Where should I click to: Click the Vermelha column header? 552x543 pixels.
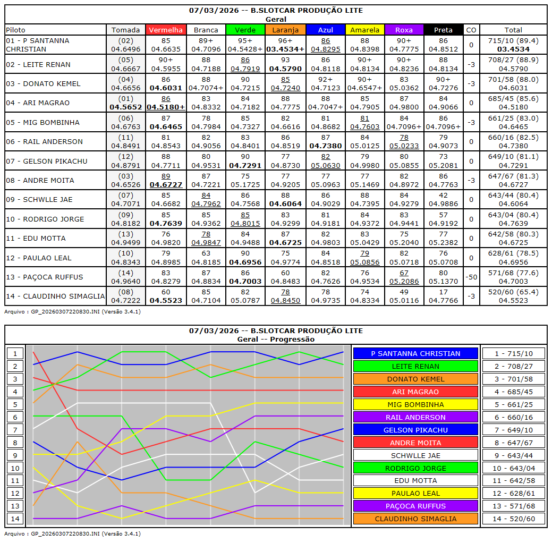[x=166, y=30]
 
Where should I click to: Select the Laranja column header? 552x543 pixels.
[x=285, y=30]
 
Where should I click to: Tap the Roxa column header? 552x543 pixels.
[x=404, y=30]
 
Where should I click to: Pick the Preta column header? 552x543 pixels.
[x=443, y=30]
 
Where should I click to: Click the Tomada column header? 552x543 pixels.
[x=126, y=30]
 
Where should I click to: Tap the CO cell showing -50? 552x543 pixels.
[x=471, y=277]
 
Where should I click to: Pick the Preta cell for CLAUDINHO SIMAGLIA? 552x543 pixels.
[x=443, y=296]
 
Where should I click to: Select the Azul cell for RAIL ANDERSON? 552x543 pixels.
[x=325, y=141]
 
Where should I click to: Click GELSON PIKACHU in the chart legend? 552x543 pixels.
[x=416, y=430]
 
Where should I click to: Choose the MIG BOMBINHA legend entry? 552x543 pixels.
[x=416, y=404]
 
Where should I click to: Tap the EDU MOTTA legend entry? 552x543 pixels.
[x=416, y=480]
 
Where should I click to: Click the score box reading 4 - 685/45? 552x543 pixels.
[x=513, y=392]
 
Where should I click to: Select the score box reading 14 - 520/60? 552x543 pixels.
[x=513, y=519]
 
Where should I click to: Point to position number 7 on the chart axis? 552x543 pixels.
[x=15, y=430]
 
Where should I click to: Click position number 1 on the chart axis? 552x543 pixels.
[x=15, y=353]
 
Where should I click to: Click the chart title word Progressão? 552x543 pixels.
[x=292, y=339]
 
